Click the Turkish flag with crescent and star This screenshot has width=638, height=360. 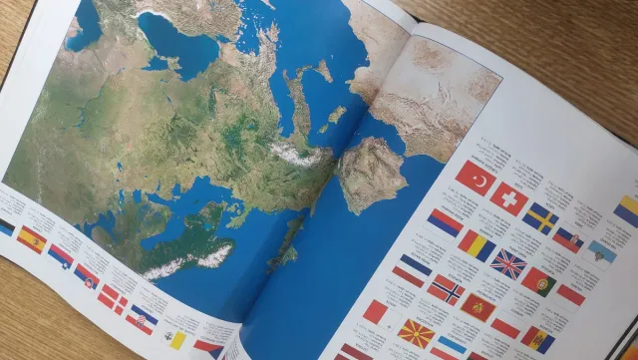(x=476, y=179)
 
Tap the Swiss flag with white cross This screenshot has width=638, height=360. (x=508, y=197)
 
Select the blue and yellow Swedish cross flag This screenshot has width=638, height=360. (x=540, y=217)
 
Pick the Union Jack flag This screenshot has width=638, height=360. (x=508, y=264)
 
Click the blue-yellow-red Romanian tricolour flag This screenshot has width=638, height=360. (x=477, y=244)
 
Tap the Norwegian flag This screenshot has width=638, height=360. (x=446, y=288)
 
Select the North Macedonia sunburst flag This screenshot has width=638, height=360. (x=416, y=332)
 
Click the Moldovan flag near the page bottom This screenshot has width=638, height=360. (x=538, y=339)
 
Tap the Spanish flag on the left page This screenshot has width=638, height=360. (x=32, y=239)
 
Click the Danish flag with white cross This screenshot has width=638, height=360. (x=113, y=297)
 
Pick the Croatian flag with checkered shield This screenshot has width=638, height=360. (x=143, y=318)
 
